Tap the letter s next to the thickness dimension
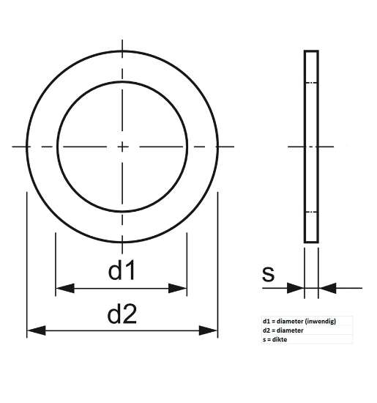[268, 274]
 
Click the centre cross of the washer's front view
[122, 147]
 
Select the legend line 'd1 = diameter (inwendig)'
[299, 321]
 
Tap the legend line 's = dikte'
[277, 340]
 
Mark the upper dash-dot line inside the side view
[311, 82]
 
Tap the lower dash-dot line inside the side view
[311, 212]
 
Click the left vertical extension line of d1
[56, 264]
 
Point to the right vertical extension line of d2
[218, 264]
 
